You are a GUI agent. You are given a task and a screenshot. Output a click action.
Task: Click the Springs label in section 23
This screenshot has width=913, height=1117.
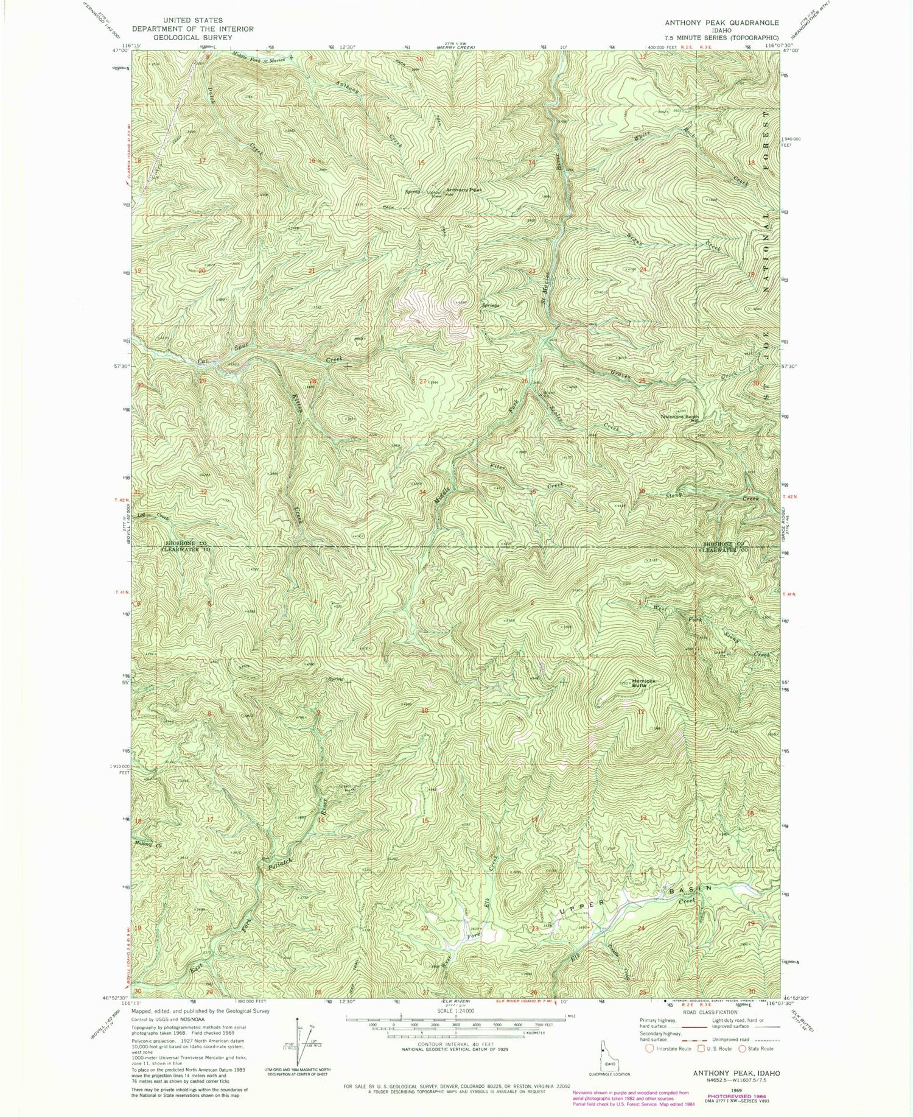click(x=491, y=305)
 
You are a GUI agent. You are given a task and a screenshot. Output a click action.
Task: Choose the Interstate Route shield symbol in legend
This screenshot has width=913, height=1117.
click(x=651, y=1049)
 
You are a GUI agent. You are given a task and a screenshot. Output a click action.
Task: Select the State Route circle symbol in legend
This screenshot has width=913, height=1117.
click(x=743, y=1049)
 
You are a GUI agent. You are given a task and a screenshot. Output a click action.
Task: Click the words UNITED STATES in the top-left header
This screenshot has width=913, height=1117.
click(x=193, y=20)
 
